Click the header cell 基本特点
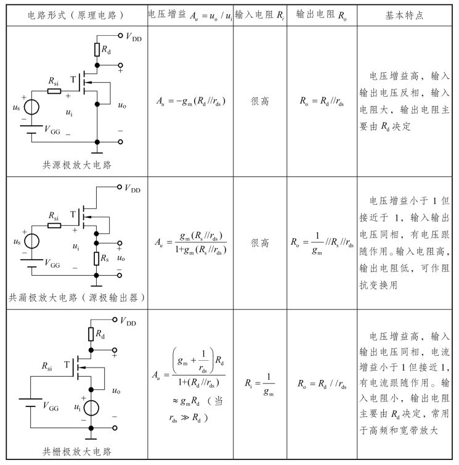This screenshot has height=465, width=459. point(407,14)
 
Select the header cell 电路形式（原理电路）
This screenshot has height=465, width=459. point(75,14)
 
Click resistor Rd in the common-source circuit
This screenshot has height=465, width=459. point(97,50)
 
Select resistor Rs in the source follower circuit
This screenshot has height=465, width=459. point(97,257)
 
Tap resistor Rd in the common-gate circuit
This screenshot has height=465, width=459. point(91,334)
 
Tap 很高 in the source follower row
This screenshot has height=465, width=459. point(259,244)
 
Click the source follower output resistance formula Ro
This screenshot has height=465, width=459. point(321,244)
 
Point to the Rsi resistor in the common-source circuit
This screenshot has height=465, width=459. point(54,92)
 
